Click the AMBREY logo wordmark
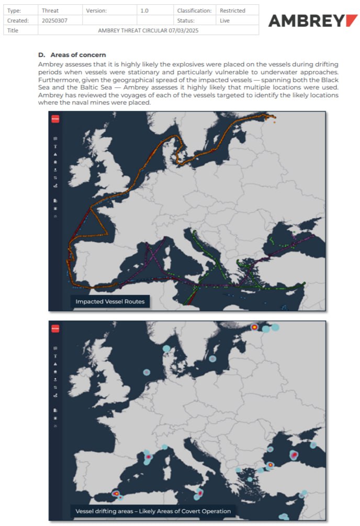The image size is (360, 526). click(312, 21)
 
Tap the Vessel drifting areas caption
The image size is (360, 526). click(153, 511)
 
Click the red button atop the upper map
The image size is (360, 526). click(55, 119)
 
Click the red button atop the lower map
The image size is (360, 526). click(55, 328)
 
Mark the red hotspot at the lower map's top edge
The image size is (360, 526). click(254, 327)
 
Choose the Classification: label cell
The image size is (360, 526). click(194, 10)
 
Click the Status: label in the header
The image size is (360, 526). click(186, 20)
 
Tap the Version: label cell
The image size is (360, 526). click(97, 10)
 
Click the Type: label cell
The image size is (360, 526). click(14, 10)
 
